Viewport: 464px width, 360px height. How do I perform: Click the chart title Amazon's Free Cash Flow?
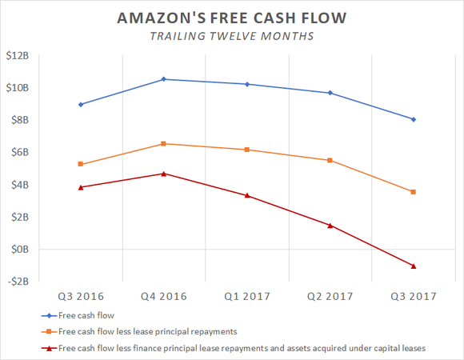(232, 17)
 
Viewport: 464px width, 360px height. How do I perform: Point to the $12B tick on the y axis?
(18, 56)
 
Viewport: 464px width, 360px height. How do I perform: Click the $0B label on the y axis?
(21, 249)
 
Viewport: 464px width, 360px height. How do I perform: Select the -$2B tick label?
(18, 281)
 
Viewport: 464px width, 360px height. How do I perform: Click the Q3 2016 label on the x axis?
(81, 296)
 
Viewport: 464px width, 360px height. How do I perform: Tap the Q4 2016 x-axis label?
(164, 296)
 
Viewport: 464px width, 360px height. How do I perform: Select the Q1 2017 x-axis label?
(247, 296)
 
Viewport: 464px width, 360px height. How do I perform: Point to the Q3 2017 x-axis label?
(413, 296)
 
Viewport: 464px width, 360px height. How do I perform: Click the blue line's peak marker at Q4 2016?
(164, 79)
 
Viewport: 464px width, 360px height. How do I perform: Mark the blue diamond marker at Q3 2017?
(413, 119)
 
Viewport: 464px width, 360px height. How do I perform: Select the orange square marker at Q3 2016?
(81, 164)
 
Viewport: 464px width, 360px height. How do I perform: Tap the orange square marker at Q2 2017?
(330, 160)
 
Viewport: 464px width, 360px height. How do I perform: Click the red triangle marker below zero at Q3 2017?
(413, 266)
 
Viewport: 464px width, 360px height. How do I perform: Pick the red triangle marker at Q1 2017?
(247, 195)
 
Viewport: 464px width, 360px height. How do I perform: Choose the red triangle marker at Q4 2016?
(164, 173)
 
